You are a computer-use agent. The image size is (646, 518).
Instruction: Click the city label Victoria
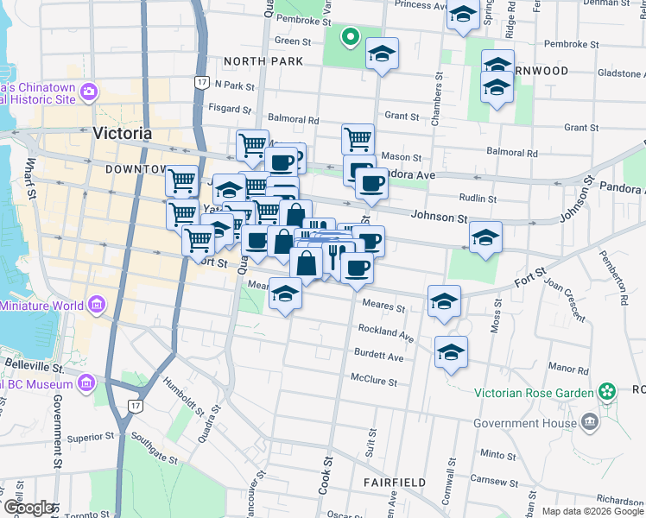tap(122, 134)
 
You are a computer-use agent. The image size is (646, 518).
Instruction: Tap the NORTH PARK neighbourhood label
tap(263, 61)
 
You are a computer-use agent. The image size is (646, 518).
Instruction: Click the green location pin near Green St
tap(350, 36)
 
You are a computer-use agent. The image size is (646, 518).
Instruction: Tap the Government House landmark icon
tap(590, 422)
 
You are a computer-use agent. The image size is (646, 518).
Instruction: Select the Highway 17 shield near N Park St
tap(201, 82)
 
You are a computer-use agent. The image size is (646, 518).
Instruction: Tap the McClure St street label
tap(373, 380)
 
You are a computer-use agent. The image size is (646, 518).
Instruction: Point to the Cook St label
tap(327, 476)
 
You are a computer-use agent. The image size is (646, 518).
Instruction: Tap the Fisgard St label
tap(230, 110)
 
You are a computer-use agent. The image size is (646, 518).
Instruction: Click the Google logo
tap(28, 508)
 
